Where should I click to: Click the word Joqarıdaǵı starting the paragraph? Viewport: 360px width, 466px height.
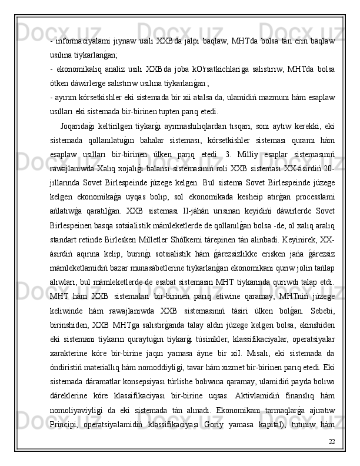[x=77, y=127]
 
